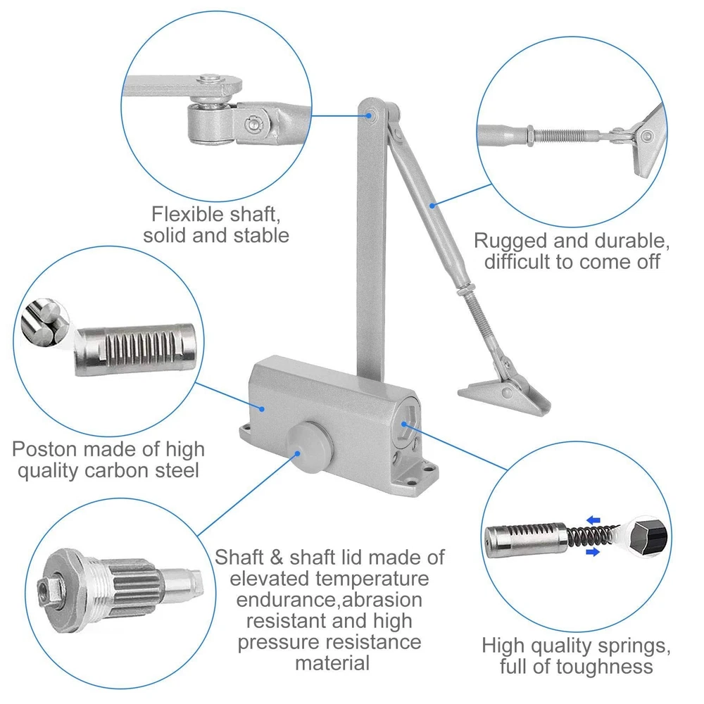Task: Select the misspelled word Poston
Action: coord(44,449)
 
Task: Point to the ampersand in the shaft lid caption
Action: coord(277,558)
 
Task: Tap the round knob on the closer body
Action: coord(309,447)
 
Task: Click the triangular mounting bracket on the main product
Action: coord(505,394)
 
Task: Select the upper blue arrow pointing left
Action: coord(593,520)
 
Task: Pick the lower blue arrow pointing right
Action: coord(593,552)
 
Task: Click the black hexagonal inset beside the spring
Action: coord(648,537)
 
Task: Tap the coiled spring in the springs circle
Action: coord(593,536)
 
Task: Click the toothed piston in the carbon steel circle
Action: coord(135,349)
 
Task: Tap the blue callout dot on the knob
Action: coord(297,453)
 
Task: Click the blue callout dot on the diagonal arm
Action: coord(432,206)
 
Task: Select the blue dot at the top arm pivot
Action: coord(369,115)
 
